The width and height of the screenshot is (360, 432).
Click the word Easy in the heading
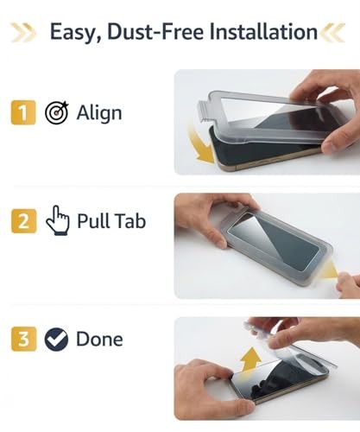tap(71, 33)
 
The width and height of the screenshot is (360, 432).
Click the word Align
tap(100, 113)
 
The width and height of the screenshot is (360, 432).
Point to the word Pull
tap(94, 221)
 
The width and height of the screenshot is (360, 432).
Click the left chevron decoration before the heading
tap(22, 33)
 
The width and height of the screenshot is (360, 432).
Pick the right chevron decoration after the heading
tap(334, 33)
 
